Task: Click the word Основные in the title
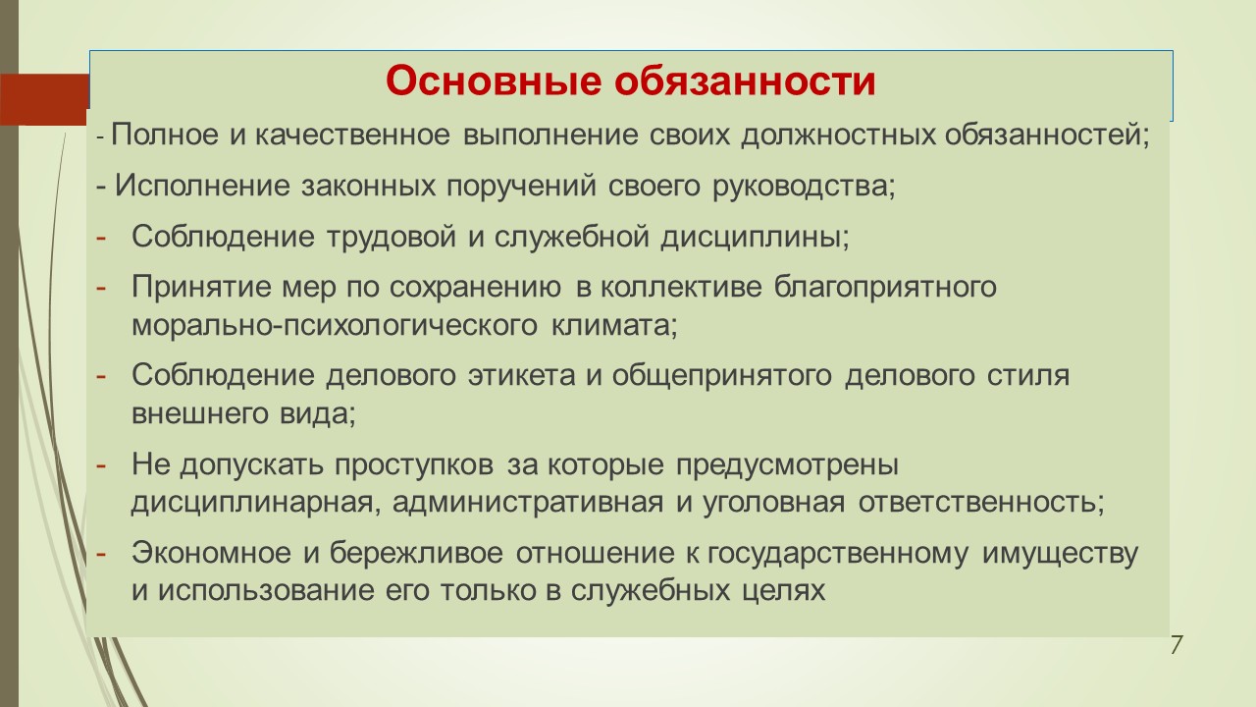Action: [x=494, y=82]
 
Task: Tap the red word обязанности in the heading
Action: [x=745, y=82]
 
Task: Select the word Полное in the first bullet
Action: [x=164, y=135]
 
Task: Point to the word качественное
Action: [x=352, y=136]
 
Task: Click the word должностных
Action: [x=838, y=136]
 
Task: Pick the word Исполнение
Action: [x=202, y=186]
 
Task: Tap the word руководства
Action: [x=804, y=187]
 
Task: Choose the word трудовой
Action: [x=392, y=237]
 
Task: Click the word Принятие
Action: [x=200, y=287]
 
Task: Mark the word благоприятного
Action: [x=885, y=287]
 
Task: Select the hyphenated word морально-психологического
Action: [x=335, y=325]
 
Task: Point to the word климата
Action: [x=614, y=325]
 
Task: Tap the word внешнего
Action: [x=198, y=414]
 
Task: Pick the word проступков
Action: [x=414, y=464]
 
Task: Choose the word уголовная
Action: [x=773, y=502]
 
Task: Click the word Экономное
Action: [x=211, y=553]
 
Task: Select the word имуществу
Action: [x=1060, y=554]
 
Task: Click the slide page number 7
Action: [x=1176, y=645]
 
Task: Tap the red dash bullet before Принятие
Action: [x=101, y=288]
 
